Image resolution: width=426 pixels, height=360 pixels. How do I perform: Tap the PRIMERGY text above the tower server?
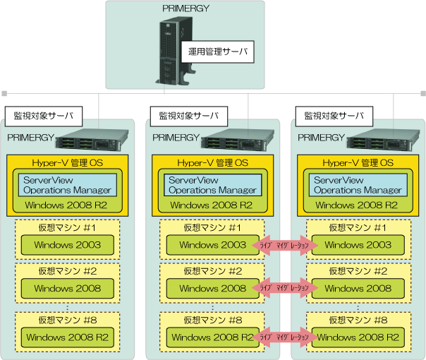coord(185,10)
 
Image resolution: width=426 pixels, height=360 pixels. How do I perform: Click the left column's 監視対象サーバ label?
coord(44,115)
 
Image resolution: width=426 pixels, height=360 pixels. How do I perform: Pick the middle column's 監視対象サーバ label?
coord(189,115)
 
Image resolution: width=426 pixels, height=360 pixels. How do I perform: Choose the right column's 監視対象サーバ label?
coord(334,115)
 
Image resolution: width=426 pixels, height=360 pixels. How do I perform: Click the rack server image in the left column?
coord(94,141)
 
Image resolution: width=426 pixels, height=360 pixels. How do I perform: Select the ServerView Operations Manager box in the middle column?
coord(212,185)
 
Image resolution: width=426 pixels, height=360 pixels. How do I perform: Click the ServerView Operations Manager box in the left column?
coord(67,185)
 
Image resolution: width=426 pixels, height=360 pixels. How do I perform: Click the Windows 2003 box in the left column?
coord(67,245)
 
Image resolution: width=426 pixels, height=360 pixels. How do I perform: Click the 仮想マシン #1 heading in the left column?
coord(67,227)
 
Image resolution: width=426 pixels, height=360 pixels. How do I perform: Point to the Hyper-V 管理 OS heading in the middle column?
coord(212,163)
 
